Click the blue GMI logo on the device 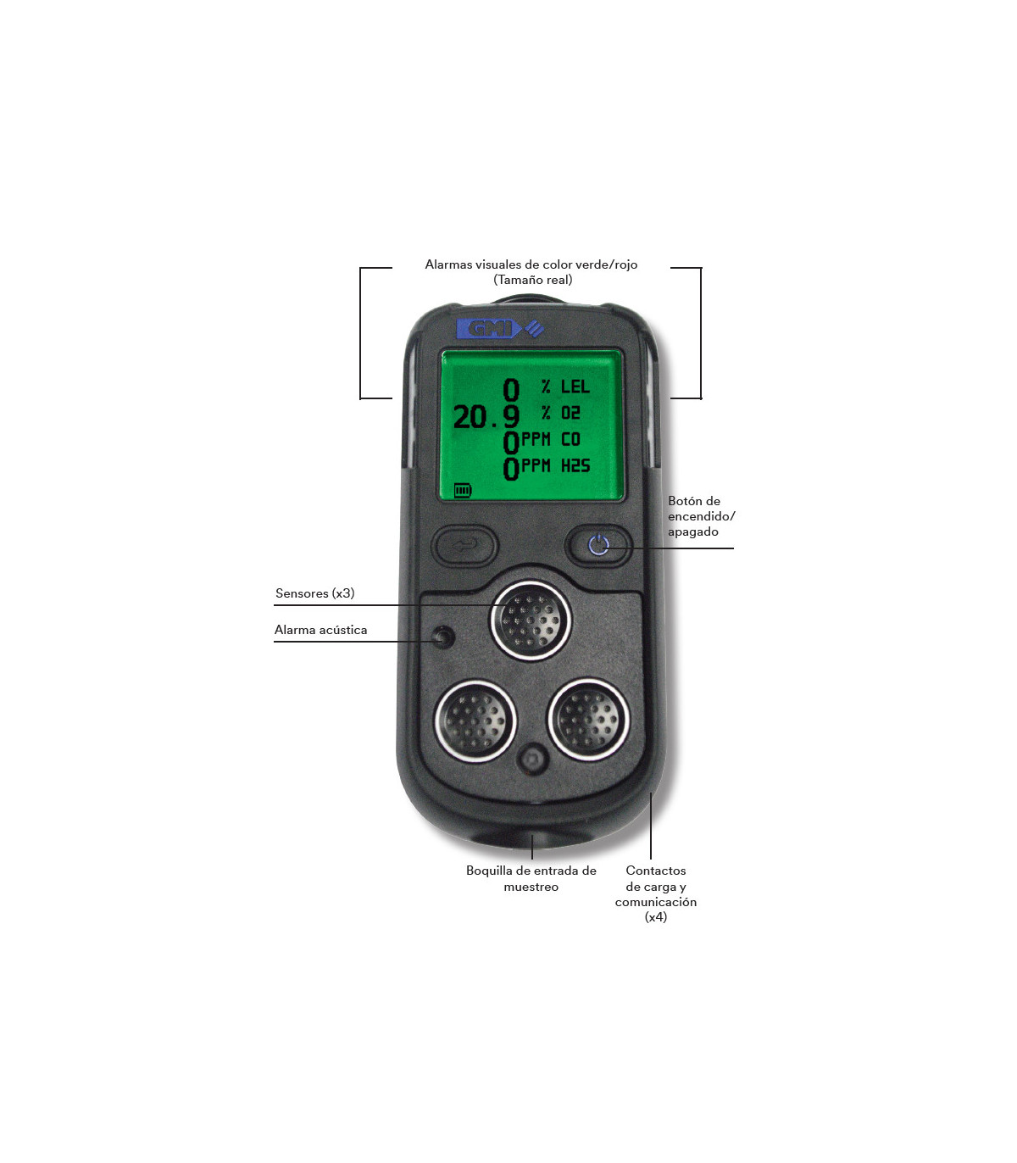click(501, 329)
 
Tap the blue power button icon click(599, 545)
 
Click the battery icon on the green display click(463, 490)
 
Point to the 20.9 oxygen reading click(486, 417)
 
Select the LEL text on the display click(575, 387)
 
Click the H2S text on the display click(575, 466)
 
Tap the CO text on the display click(570, 439)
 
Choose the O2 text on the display click(570, 413)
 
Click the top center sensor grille click(531, 620)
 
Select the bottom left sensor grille click(475, 721)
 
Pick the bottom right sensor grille click(589, 720)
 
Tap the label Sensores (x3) click(314, 593)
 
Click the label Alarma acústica click(320, 630)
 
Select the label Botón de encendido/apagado click(701, 516)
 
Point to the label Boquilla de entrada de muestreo click(531, 878)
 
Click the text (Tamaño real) click(532, 280)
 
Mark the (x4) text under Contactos click(656, 917)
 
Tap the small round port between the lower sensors click(532, 760)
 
